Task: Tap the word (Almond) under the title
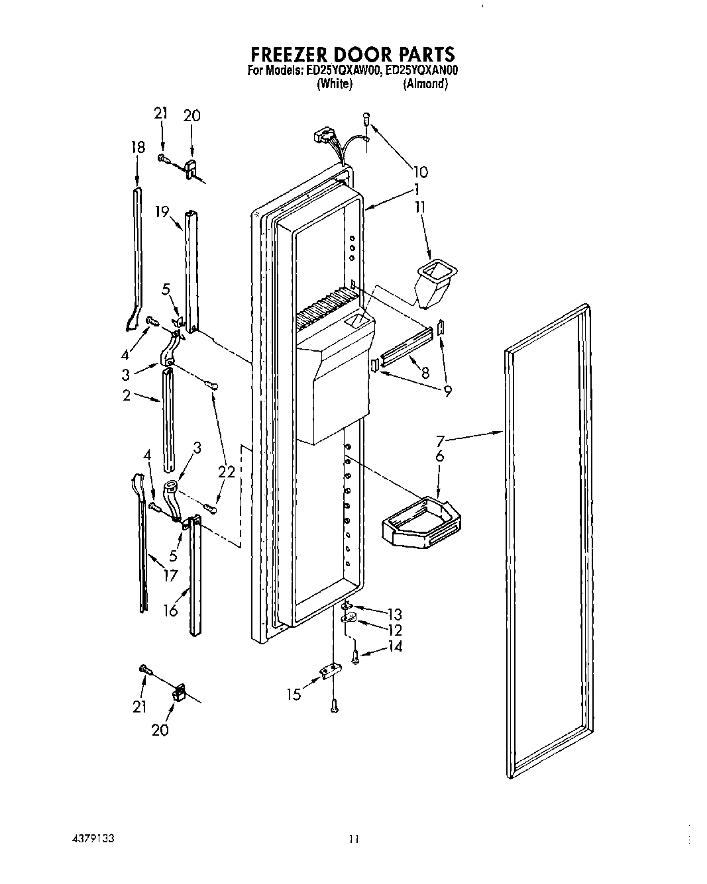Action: click(425, 84)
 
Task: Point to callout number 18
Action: click(137, 147)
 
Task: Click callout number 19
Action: click(162, 212)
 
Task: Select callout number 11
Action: click(419, 207)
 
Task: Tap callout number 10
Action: click(420, 172)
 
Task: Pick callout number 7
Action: click(440, 440)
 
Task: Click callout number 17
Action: click(171, 575)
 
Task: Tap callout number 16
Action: click(171, 609)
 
